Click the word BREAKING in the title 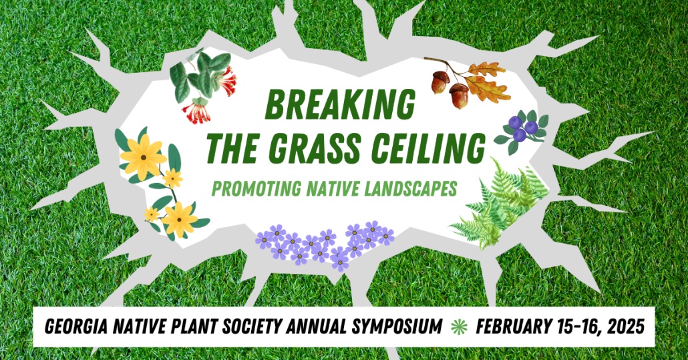[x=340, y=105]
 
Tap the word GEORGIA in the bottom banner [x=79, y=327]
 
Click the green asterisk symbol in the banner [x=458, y=327]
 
